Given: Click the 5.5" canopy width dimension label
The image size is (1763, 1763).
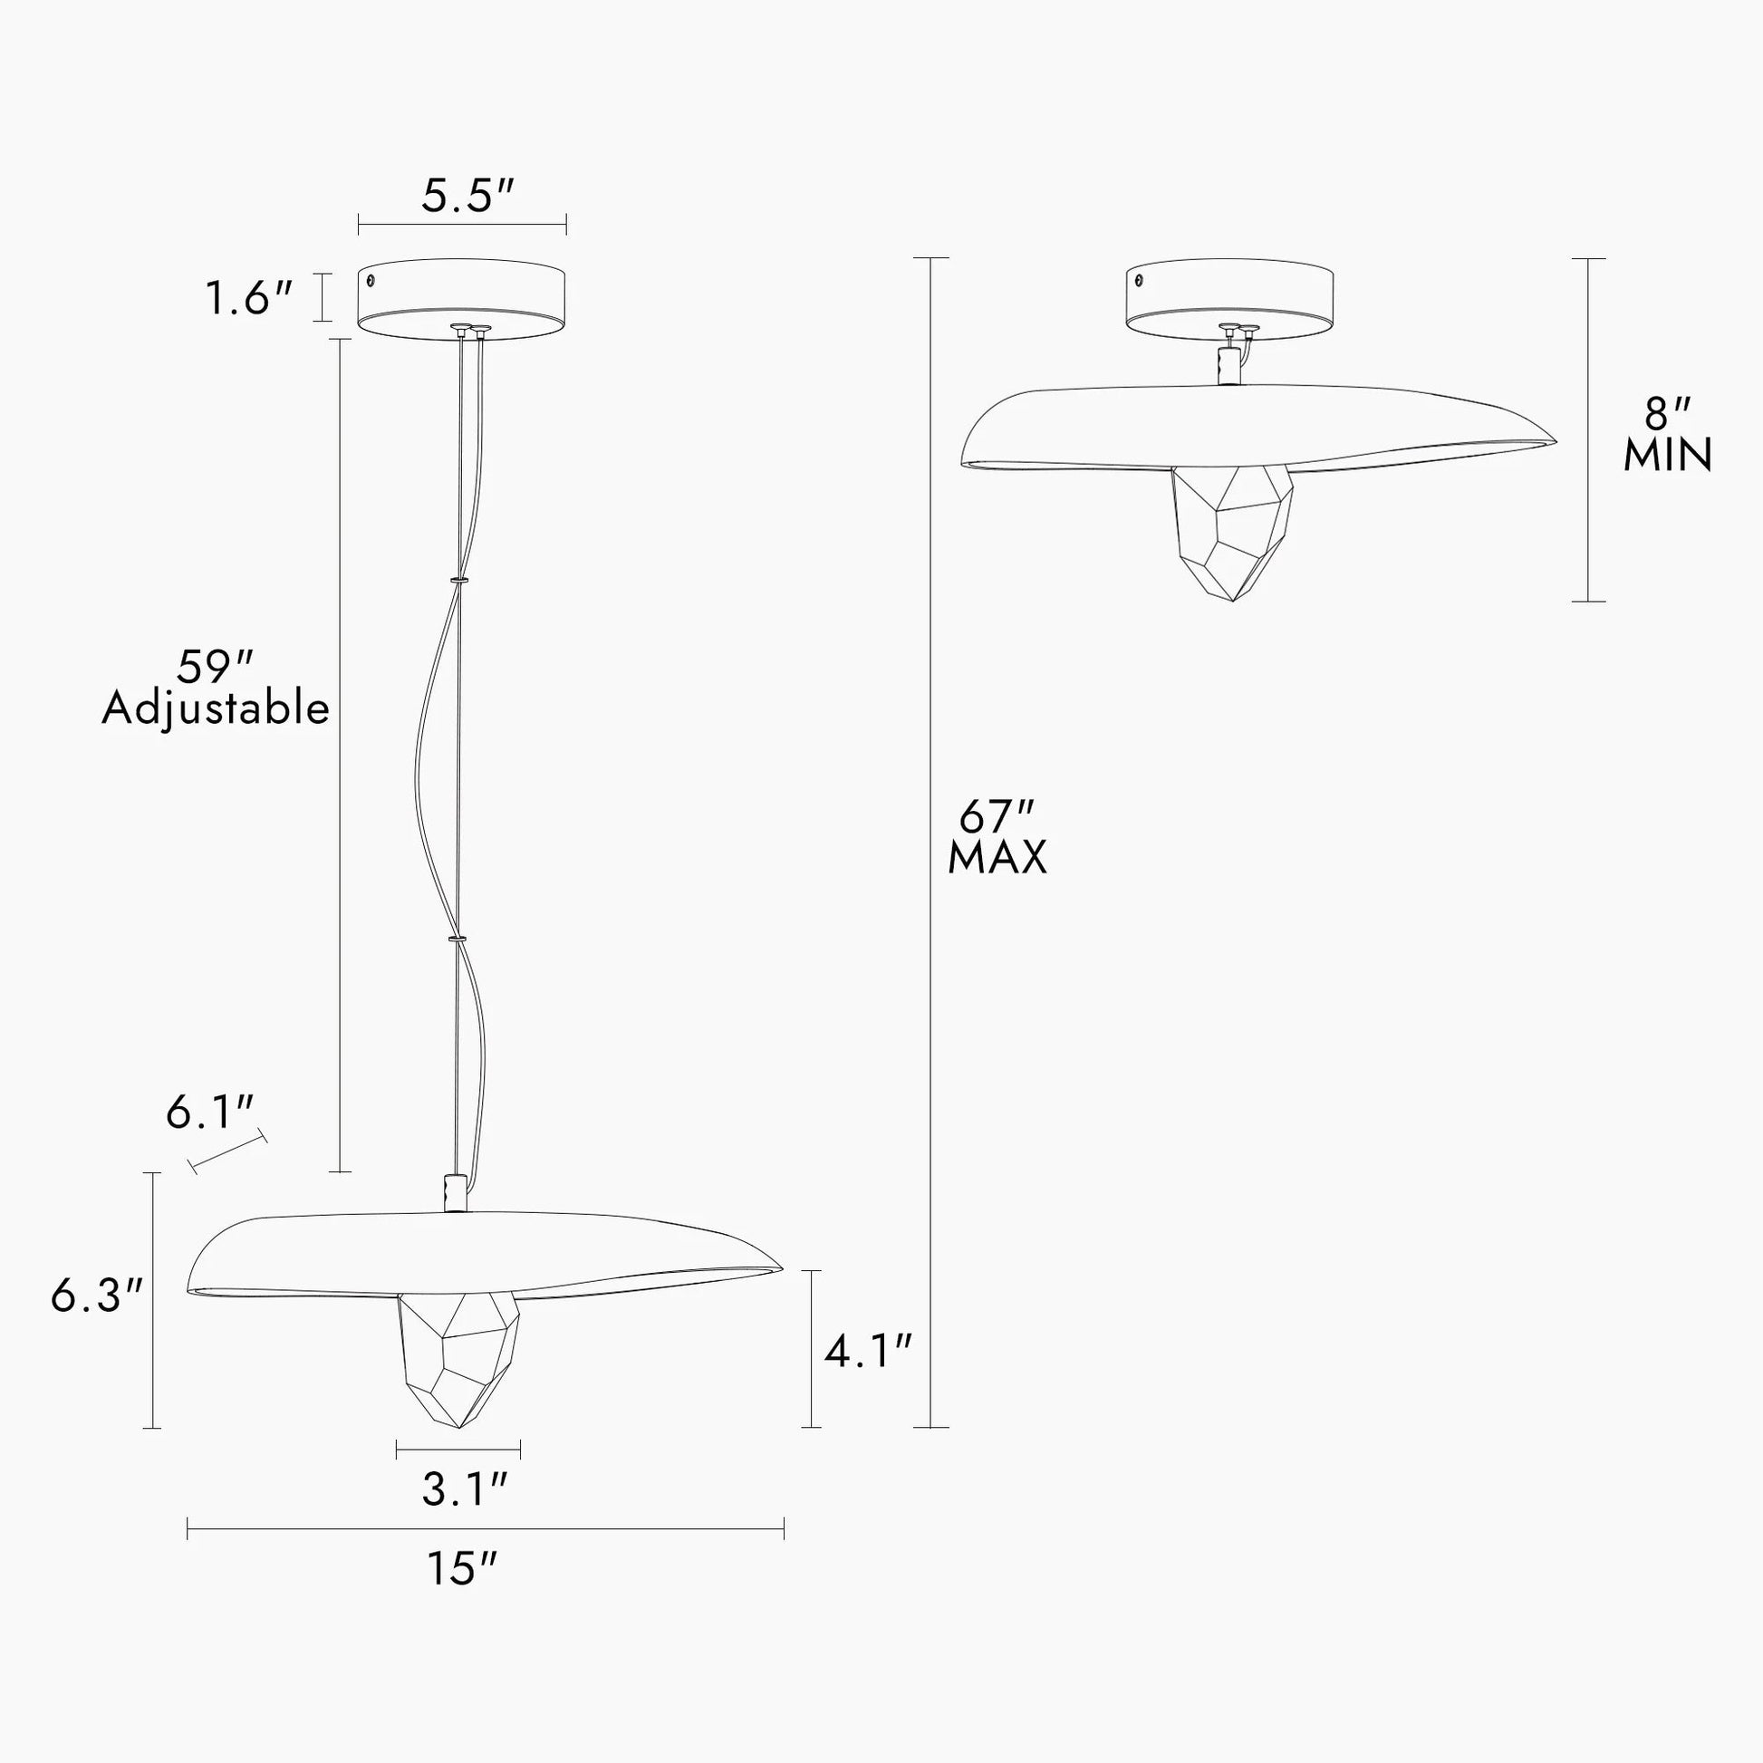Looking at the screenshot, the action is click(468, 197).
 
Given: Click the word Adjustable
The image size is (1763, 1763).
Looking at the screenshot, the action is click(216, 710).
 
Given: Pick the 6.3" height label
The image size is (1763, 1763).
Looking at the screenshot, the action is click(98, 1295).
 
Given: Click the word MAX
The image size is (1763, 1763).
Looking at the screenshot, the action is click(997, 858).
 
